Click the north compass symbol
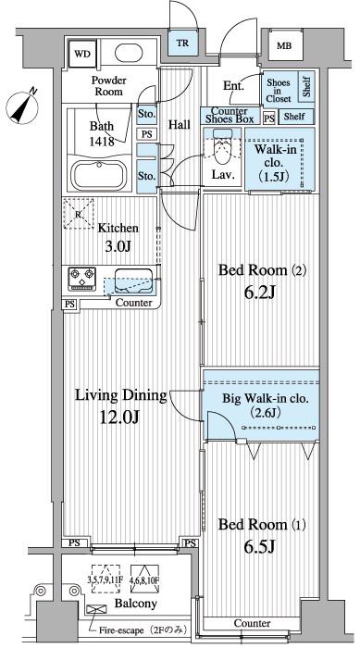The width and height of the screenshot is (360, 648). pyautogui.click(x=22, y=105)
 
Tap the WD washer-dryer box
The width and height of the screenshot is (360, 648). pyautogui.click(x=82, y=54)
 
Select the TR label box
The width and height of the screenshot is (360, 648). pyautogui.click(x=182, y=43)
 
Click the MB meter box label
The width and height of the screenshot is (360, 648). pyautogui.click(x=283, y=46)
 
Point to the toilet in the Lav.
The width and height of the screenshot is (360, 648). pyautogui.click(x=222, y=146)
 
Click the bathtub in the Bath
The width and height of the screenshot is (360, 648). pyautogui.click(x=99, y=176)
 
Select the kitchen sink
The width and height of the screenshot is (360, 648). pyautogui.click(x=133, y=281)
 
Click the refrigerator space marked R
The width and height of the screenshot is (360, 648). pyautogui.click(x=79, y=214)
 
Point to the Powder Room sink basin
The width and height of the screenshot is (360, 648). pyautogui.click(x=129, y=53)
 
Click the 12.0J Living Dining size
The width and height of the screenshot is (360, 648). pyautogui.click(x=120, y=417)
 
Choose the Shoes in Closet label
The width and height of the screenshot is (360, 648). pyautogui.click(x=279, y=91)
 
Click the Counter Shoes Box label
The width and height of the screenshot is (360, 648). pyautogui.click(x=230, y=116)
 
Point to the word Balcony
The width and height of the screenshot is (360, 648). pyautogui.click(x=135, y=604)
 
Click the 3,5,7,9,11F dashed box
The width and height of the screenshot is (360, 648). pyautogui.click(x=106, y=579)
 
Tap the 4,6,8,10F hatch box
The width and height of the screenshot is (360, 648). pyautogui.click(x=144, y=579)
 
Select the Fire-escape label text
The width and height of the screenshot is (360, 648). pyautogui.click(x=143, y=630)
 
